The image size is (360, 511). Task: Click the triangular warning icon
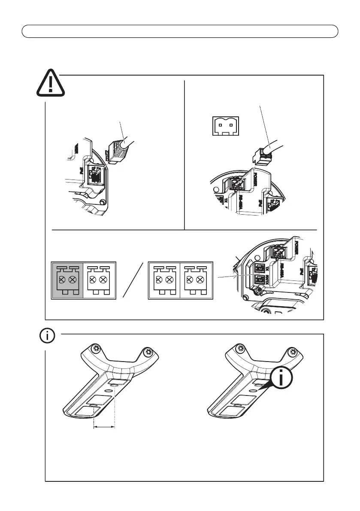point(51,84)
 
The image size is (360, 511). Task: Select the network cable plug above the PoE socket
point(115,150)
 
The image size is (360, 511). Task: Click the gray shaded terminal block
point(67,280)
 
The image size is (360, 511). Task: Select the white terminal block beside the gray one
point(99,280)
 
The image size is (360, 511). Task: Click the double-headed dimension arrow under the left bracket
point(104,427)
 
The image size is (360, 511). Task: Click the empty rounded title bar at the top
point(180,31)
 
